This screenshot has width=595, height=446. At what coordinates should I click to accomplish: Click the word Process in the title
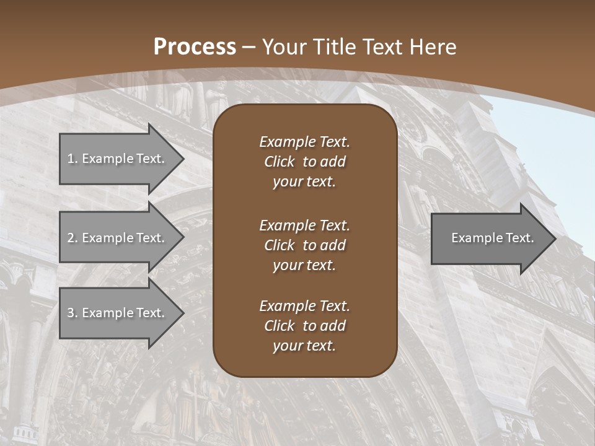(195, 47)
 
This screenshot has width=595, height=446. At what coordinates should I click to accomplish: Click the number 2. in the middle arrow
(73, 238)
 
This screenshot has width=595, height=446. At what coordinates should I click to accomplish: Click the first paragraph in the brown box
(304, 162)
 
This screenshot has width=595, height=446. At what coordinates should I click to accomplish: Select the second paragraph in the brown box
(304, 245)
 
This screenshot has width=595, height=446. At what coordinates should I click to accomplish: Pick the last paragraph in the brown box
(304, 326)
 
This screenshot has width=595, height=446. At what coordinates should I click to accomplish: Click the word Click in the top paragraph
(280, 162)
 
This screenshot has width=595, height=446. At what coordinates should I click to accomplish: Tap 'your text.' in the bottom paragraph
(304, 346)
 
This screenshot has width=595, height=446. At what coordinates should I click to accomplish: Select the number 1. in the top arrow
(73, 159)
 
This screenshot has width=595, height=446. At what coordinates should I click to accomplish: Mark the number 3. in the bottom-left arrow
(73, 313)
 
